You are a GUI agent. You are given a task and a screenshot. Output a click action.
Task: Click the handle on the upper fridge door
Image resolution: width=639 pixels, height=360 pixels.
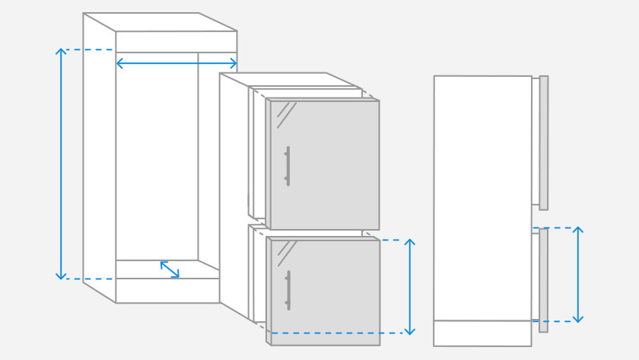pos(288,165)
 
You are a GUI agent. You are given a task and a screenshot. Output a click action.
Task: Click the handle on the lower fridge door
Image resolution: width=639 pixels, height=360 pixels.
pos(288,290)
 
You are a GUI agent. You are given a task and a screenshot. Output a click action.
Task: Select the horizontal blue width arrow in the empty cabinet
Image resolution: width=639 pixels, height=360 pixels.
pos(176,63)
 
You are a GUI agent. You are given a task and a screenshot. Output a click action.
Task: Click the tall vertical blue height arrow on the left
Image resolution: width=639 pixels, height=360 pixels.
pos(61,164)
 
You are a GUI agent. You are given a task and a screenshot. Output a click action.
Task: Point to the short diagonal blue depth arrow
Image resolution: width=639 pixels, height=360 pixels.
pos(170,269)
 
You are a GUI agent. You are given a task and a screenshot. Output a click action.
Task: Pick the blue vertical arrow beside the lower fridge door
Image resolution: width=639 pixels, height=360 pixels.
pos(409,287)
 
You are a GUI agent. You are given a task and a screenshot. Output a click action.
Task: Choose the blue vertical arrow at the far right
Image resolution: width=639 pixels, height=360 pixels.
pos(578,274)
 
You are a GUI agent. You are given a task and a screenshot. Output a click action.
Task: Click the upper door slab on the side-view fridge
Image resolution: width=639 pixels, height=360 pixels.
pos(543,142)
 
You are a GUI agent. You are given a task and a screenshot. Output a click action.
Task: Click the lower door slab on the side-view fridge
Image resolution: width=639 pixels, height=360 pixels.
pos(543,280)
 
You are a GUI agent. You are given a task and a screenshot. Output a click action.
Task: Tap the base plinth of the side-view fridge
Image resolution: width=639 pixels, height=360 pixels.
pos(482,333)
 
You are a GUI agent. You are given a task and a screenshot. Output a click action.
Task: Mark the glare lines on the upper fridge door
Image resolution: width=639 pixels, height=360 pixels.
pos(285,110)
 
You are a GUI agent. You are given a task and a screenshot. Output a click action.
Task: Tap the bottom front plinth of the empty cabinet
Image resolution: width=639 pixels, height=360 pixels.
pos(167,291)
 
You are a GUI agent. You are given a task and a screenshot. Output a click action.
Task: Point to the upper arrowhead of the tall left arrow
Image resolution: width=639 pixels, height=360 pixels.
pos(61,52)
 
